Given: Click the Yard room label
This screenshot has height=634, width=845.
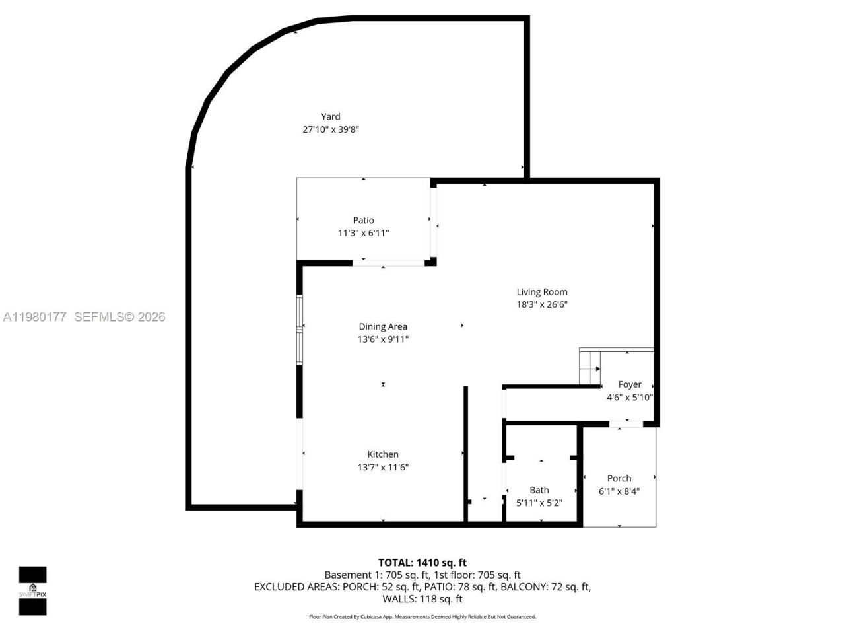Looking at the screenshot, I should point(331,117).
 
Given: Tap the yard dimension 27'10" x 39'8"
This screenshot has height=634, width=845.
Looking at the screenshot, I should point(331,130).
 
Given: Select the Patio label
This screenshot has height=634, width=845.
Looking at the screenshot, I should point(363,221).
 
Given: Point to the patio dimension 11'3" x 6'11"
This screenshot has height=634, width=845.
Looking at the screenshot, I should point(363,233).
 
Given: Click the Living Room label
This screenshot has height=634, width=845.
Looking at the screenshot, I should point(541,292).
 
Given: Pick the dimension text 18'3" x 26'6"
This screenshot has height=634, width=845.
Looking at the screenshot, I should point(541,304).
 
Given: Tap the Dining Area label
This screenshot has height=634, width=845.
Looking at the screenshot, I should point(383,326).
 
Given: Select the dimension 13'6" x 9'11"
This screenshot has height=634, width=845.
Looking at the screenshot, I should point(383,339).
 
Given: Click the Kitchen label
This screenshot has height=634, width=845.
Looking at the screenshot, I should point(383,454).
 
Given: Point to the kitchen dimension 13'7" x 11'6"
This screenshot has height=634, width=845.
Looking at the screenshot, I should point(383,468).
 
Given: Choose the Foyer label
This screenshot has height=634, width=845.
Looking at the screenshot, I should point(630,384).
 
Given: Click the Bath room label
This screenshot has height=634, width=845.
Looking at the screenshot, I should point(539,490).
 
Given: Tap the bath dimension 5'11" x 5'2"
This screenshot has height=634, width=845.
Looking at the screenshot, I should point(539,503).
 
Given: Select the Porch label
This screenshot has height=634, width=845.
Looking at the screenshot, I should point(619,478).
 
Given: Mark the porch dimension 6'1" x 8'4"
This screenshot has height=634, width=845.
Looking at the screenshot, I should point(619,491).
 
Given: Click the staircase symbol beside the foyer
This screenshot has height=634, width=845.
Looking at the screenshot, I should point(590,367).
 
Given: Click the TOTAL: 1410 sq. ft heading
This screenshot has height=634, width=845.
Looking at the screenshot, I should point(422,563).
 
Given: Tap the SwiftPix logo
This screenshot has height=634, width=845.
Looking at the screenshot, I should point(32,590).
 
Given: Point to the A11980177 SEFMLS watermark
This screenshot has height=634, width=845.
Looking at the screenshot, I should point(84,317).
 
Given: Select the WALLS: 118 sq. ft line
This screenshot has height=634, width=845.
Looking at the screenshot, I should point(422,599).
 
